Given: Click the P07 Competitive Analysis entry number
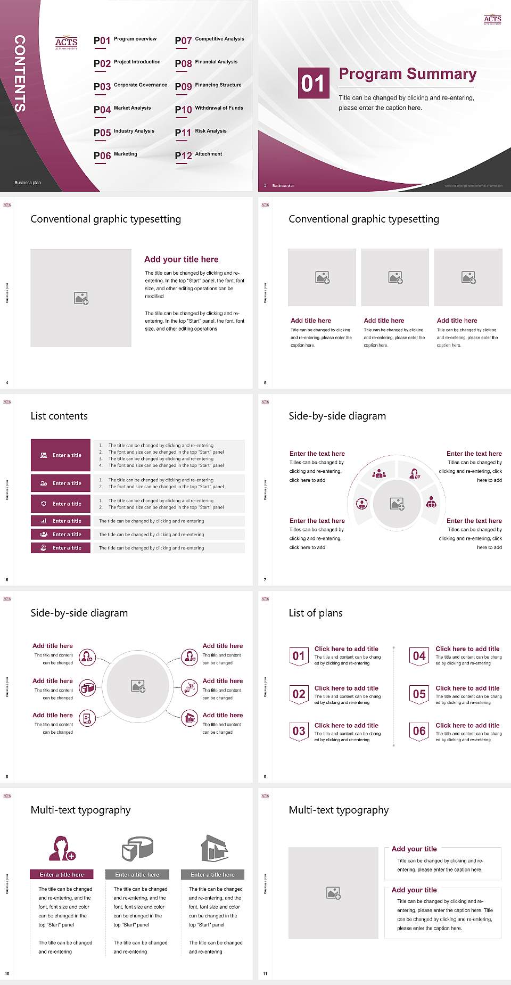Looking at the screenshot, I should click(183, 41).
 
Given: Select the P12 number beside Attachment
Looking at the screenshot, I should click(183, 156).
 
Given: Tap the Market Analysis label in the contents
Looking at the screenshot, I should click(132, 108).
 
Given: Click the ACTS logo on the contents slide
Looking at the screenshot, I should click(67, 43).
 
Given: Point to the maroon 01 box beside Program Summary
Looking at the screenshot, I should click(313, 83).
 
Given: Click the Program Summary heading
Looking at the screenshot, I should click(407, 74).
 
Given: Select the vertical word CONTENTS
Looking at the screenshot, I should click(20, 73).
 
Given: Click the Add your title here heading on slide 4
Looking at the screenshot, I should click(181, 259).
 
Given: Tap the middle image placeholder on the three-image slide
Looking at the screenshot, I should click(395, 277).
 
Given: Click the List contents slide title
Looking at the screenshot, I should click(59, 416).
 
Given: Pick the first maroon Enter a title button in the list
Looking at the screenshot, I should click(61, 455).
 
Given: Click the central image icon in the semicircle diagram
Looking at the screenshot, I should click(397, 504).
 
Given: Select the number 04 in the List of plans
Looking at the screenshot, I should click(419, 656).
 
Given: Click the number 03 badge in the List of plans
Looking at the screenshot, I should click(299, 732).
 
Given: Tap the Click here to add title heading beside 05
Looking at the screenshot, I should click(467, 688).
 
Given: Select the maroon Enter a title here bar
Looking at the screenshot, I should click(62, 874).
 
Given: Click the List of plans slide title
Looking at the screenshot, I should click(316, 613).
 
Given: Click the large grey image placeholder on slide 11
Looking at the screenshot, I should click(333, 893).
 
